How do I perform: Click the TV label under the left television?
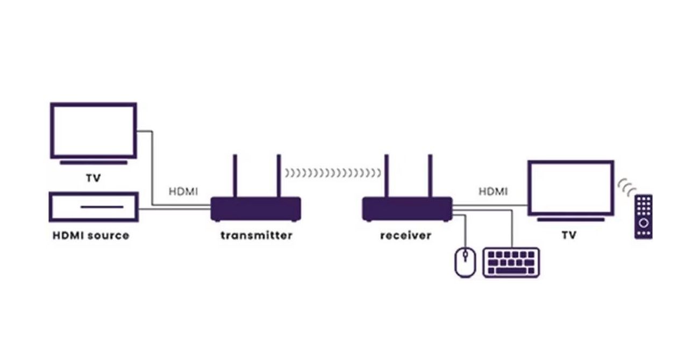pyautogui.click(x=93, y=178)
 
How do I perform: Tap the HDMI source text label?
pyautogui.click(x=91, y=236)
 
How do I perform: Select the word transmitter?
pyautogui.click(x=256, y=235)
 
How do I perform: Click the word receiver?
pyautogui.click(x=406, y=235)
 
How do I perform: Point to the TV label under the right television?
pyautogui.click(x=569, y=235)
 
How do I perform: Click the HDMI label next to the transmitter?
pyautogui.click(x=183, y=192)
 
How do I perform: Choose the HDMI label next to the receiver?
pyautogui.click(x=493, y=192)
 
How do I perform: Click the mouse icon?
pyautogui.click(x=465, y=262)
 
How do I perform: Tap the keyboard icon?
pyautogui.click(x=511, y=263)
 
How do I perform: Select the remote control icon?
pyautogui.click(x=644, y=217)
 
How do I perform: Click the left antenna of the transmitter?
pyautogui.click(x=235, y=176)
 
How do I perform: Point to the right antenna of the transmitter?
pyautogui.click(x=279, y=176)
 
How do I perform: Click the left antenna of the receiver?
pyautogui.click(x=387, y=176)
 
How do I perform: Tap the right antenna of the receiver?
pyautogui.click(x=430, y=176)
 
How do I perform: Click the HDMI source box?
pyautogui.click(x=94, y=207)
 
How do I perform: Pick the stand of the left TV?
pyautogui.click(x=94, y=163)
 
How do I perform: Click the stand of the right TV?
pyautogui.click(x=570, y=220)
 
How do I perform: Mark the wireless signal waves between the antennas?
pyautogui.click(x=333, y=173)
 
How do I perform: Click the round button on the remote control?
pyautogui.click(x=644, y=223)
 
